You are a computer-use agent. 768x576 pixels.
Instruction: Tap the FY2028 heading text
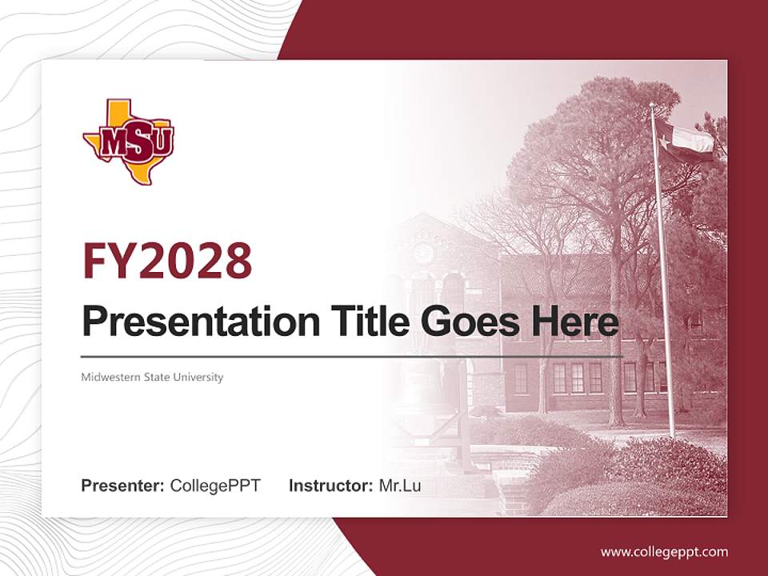[x=167, y=261]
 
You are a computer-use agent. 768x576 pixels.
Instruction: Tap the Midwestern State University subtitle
[x=152, y=377]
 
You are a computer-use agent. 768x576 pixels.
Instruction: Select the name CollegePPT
[x=215, y=486]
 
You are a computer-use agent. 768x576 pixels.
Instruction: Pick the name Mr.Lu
[x=400, y=486]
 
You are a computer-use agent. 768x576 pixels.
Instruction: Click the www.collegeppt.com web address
[x=664, y=552]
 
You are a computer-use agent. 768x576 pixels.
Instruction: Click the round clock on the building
[x=423, y=253]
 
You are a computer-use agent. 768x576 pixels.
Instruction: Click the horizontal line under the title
[x=352, y=356]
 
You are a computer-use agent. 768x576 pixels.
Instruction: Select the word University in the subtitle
[x=201, y=377]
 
